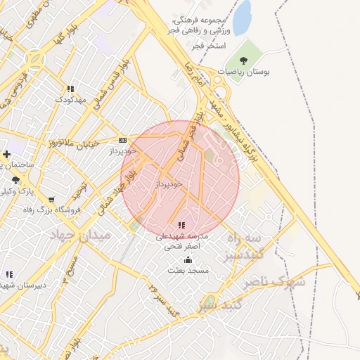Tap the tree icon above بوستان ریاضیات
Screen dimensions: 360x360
[243, 61]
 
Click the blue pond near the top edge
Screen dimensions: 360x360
[242, 17]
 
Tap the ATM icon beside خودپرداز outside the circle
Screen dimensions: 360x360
[123, 140]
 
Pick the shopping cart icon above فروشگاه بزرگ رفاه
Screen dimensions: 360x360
[51, 200]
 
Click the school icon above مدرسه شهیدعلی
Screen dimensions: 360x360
[181, 225]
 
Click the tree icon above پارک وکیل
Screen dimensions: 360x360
[15, 181]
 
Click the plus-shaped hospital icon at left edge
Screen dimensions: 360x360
[6, 154]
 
